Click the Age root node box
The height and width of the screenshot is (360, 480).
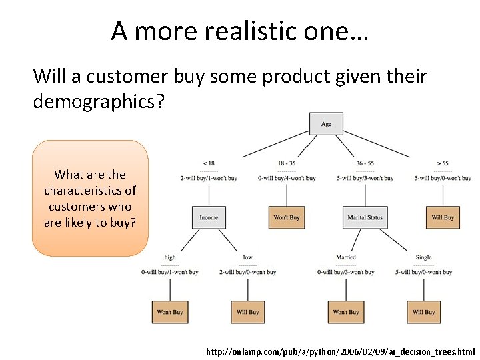[326, 124]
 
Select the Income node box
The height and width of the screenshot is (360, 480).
[209, 217]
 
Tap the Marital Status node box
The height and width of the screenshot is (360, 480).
[365, 217]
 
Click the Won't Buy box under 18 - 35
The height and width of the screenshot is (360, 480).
[287, 217]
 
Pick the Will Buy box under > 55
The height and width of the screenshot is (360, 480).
[443, 217]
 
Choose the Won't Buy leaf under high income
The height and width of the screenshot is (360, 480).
[169, 312]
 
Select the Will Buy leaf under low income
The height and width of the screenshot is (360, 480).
[248, 312]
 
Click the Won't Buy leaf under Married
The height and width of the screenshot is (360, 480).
[345, 312]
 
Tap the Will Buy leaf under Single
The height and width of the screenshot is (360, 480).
[423, 312]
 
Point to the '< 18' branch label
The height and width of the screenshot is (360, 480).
[209, 163]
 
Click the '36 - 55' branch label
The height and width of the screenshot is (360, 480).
[365, 163]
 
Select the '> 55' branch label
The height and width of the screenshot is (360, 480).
[443, 163]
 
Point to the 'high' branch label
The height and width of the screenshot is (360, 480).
[170, 257]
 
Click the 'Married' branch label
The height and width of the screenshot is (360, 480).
[345, 257]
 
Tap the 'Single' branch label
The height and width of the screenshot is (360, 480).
[423, 257]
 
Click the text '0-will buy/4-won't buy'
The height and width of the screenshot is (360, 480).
[287, 178]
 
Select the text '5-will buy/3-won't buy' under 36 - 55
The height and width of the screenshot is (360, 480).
[365, 178]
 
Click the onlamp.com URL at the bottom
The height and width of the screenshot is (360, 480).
[341, 351]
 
